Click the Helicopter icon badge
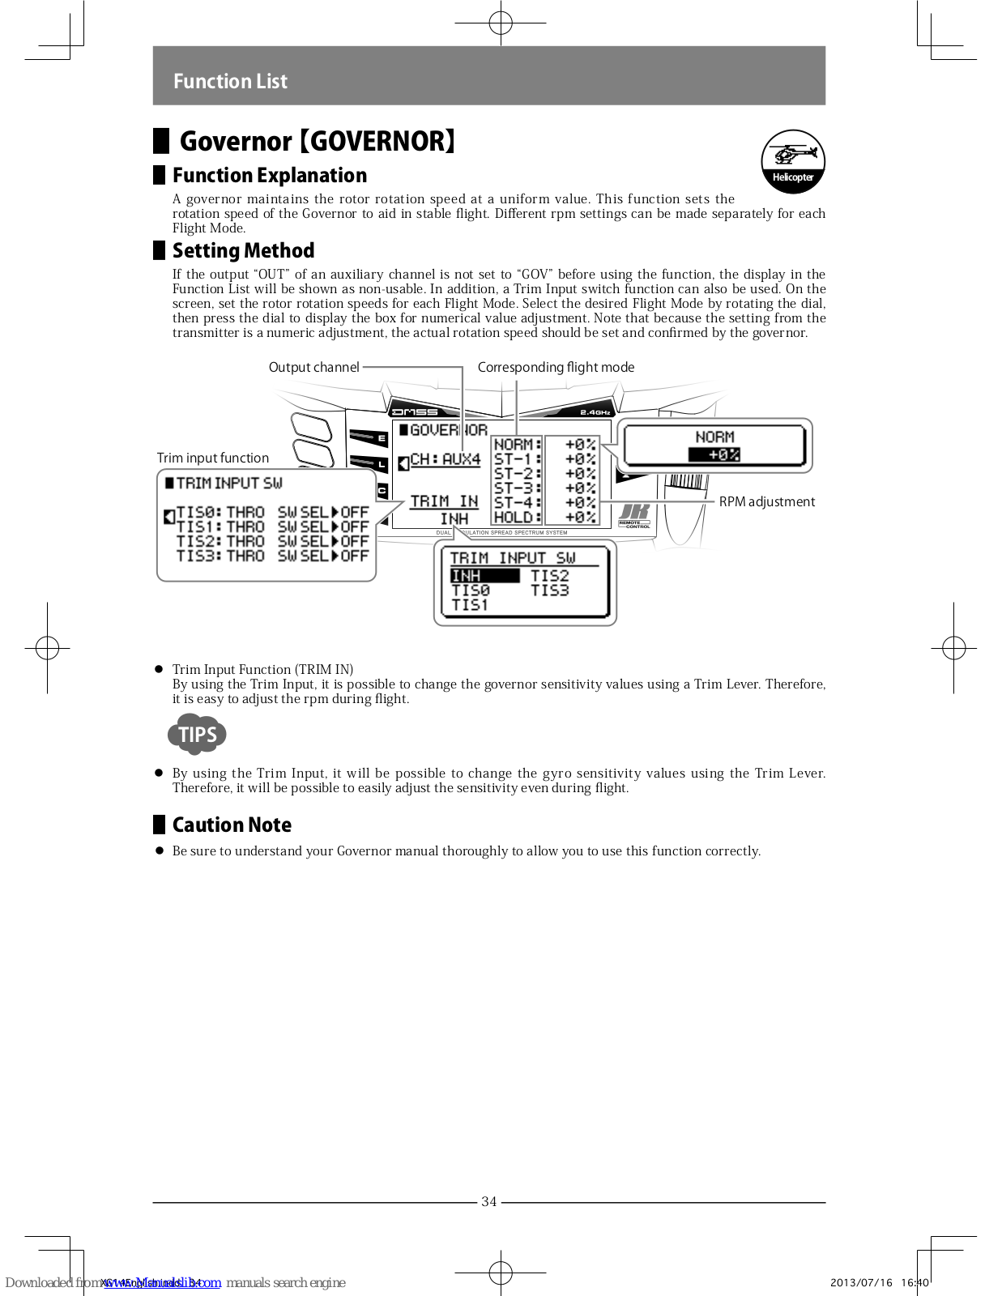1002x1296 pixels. [x=792, y=161]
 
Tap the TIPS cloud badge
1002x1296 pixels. [x=197, y=734]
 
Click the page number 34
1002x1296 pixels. [x=488, y=1201]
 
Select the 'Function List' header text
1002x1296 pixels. [x=230, y=81]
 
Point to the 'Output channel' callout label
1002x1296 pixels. [x=313, y=367]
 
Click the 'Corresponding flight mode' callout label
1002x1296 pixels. [x=556, y=367]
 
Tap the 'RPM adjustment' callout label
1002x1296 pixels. [x=766, y=501]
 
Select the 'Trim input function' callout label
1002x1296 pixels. [x=213, y=458]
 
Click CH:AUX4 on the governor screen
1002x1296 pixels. [x=445, y=459]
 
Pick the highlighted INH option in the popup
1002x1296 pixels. [x=484, y=575]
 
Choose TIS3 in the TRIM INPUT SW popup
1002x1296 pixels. [x=549, y=590]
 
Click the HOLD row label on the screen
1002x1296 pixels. [x=514, y=517]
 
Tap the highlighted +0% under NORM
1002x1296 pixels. [x=714, y=454]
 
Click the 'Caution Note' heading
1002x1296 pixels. [x=232, y=825]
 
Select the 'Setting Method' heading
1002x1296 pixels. [x=243, y=250]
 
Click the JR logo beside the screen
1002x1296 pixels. [x=634, y=512]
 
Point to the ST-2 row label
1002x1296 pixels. [x=514, y=473]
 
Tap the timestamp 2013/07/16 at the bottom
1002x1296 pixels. [x=861, y=1282]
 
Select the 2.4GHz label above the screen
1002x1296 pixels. [x=595, y=412]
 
